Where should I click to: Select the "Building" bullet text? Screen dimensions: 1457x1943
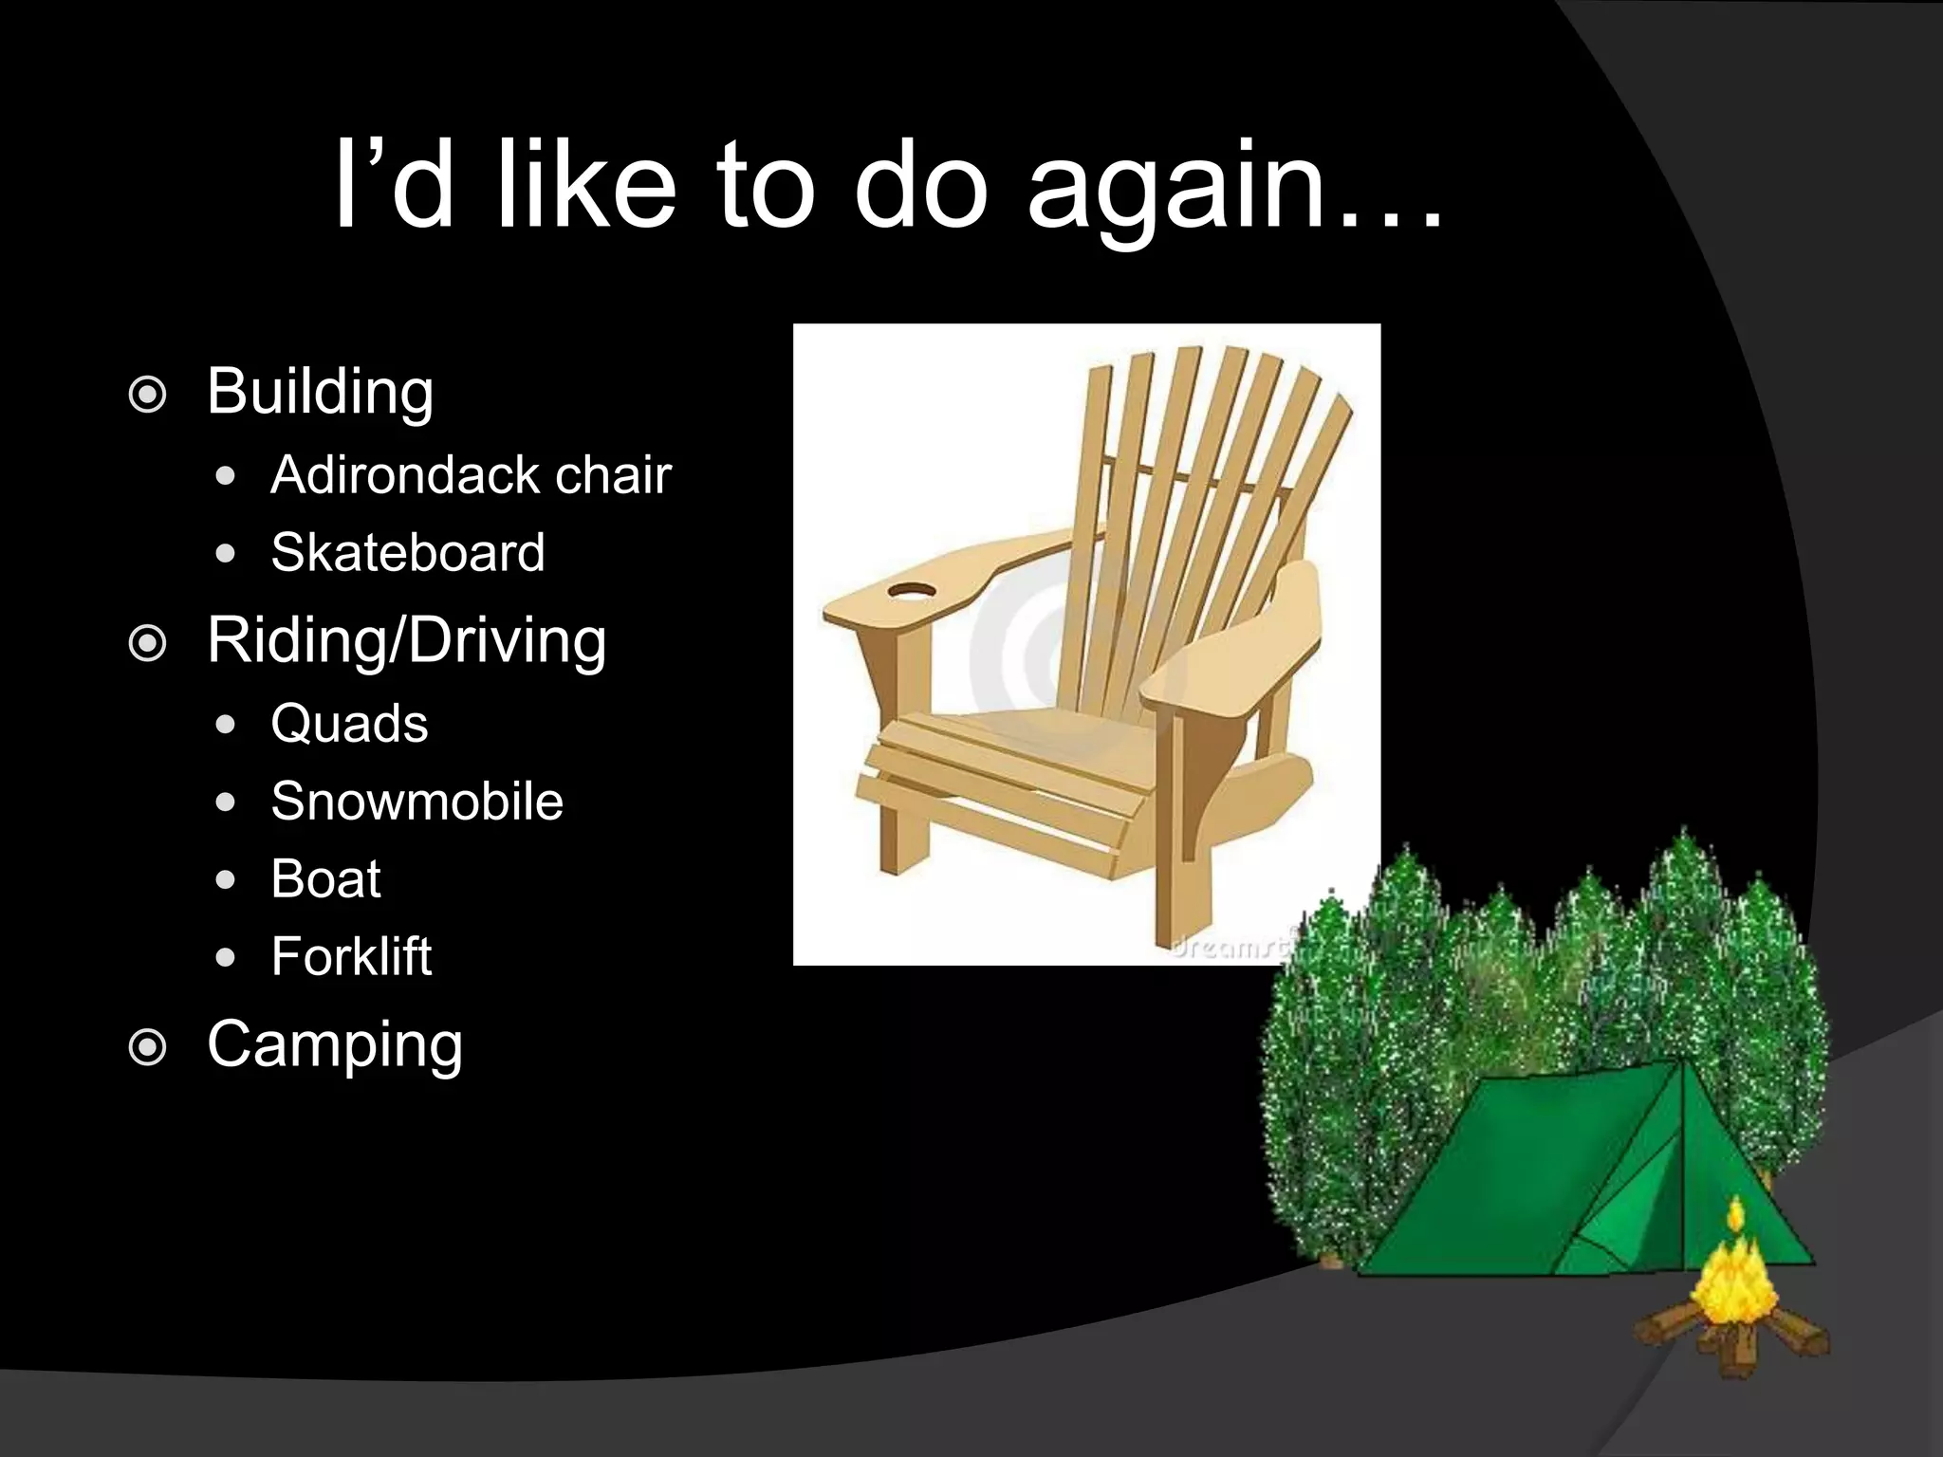[320, 391]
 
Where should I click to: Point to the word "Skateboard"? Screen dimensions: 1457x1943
[408, 552]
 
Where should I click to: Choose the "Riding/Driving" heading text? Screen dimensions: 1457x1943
[406, 640]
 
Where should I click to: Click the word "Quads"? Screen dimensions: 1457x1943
[349, 724]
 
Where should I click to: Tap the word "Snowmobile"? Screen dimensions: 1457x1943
[416, 802]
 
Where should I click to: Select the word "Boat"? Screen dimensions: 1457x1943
[325, 878]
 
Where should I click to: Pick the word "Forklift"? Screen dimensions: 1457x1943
[351, 956]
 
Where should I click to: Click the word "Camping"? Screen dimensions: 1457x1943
[334, 1044]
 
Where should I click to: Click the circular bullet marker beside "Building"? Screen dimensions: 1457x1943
[147, 396]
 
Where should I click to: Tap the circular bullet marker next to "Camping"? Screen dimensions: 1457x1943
[147, 1048]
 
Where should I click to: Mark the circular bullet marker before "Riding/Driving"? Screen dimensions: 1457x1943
[147, 645]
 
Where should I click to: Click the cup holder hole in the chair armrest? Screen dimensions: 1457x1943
[912, 593]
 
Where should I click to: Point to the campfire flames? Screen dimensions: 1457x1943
[1733, 1276]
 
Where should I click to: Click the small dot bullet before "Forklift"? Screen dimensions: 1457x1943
[225, 958]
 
